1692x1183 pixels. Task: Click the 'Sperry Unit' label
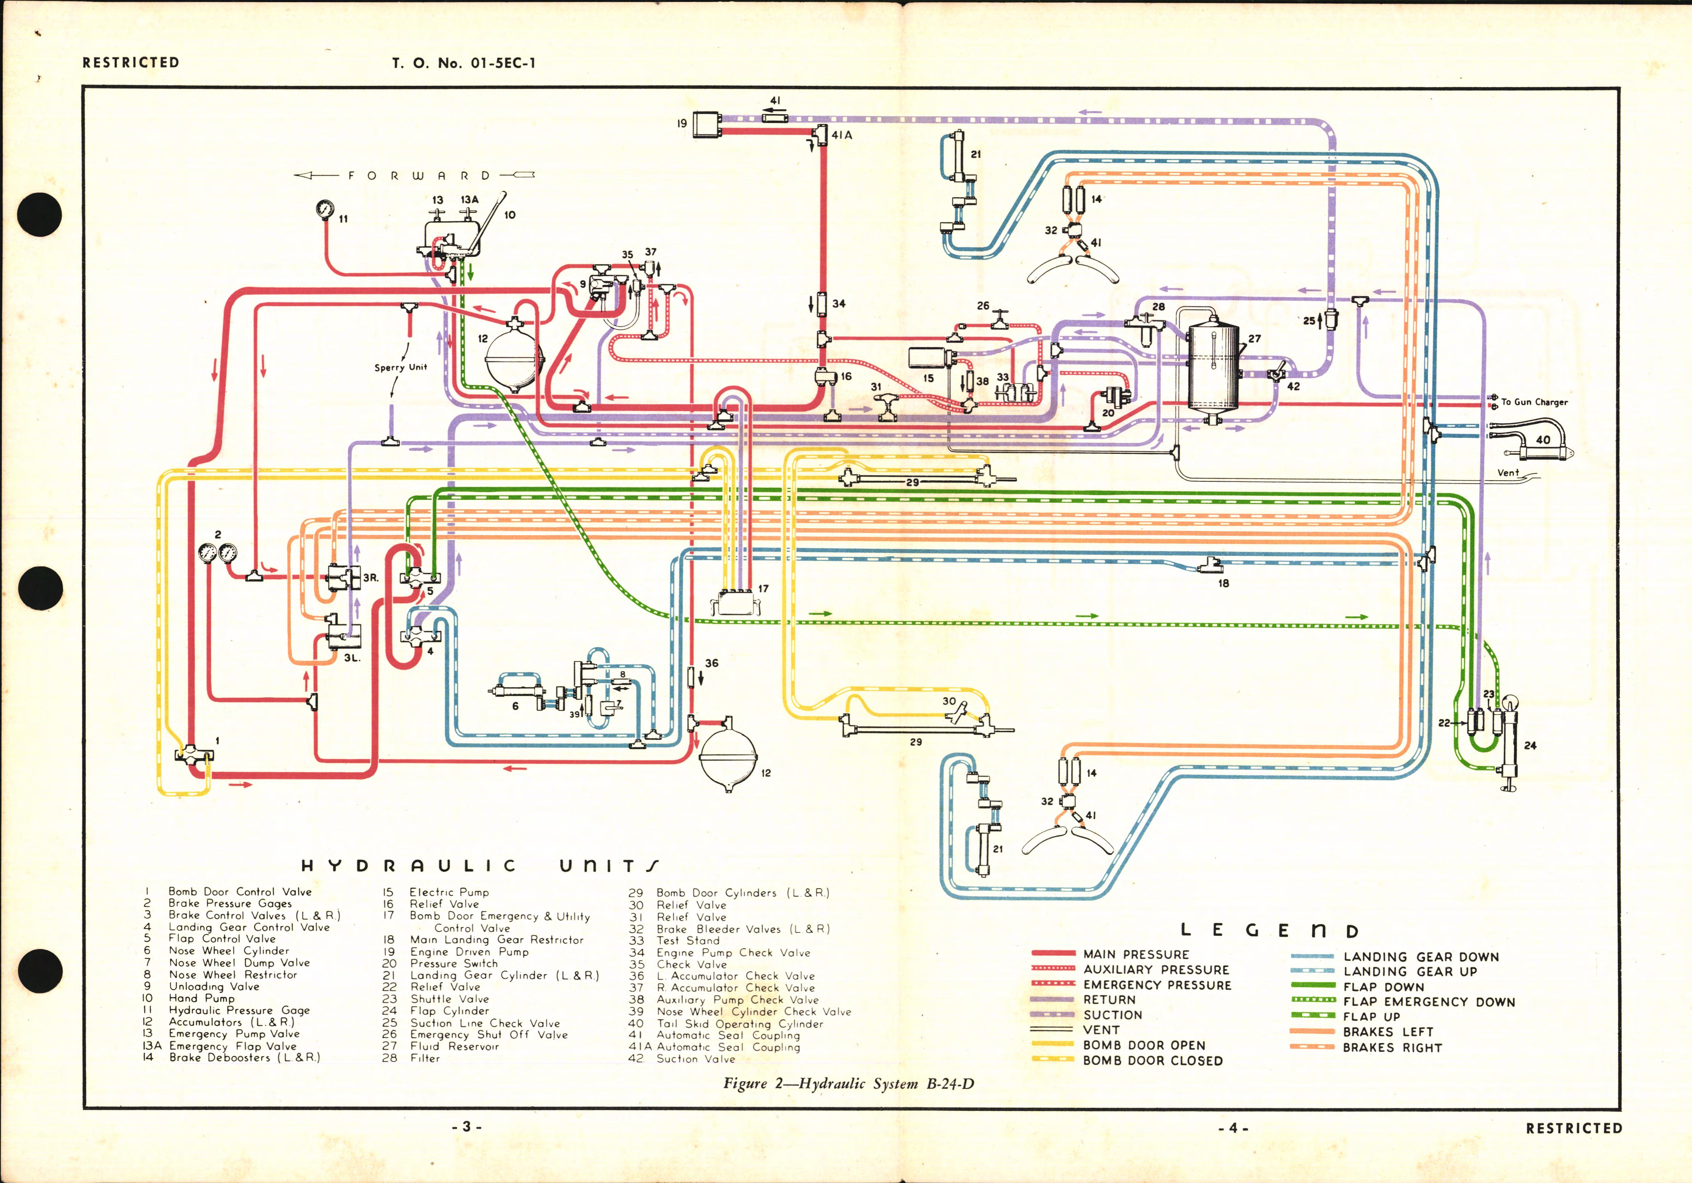pyautogui.click(x=400, y=367)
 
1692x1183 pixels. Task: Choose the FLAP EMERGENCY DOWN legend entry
pyautogui.click(x=1428, y=1002)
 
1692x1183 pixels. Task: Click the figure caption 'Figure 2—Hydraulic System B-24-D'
pyautogui.click(x=848, y=1083)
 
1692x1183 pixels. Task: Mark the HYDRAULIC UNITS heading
pyautogui.click(x=480, y=866)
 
